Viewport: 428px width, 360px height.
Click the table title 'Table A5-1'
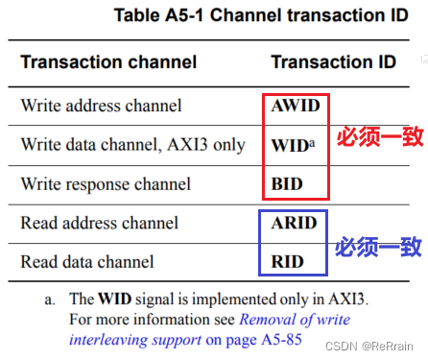(x=158, y=15)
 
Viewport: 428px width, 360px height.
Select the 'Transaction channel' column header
(x=108, y=62)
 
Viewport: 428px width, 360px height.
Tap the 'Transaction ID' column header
(x=333, y=62)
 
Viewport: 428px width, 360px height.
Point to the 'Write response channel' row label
(x=106, y=183)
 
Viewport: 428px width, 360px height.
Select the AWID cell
(x=295, y=106)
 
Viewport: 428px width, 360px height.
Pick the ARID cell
(x=293, y=224)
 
